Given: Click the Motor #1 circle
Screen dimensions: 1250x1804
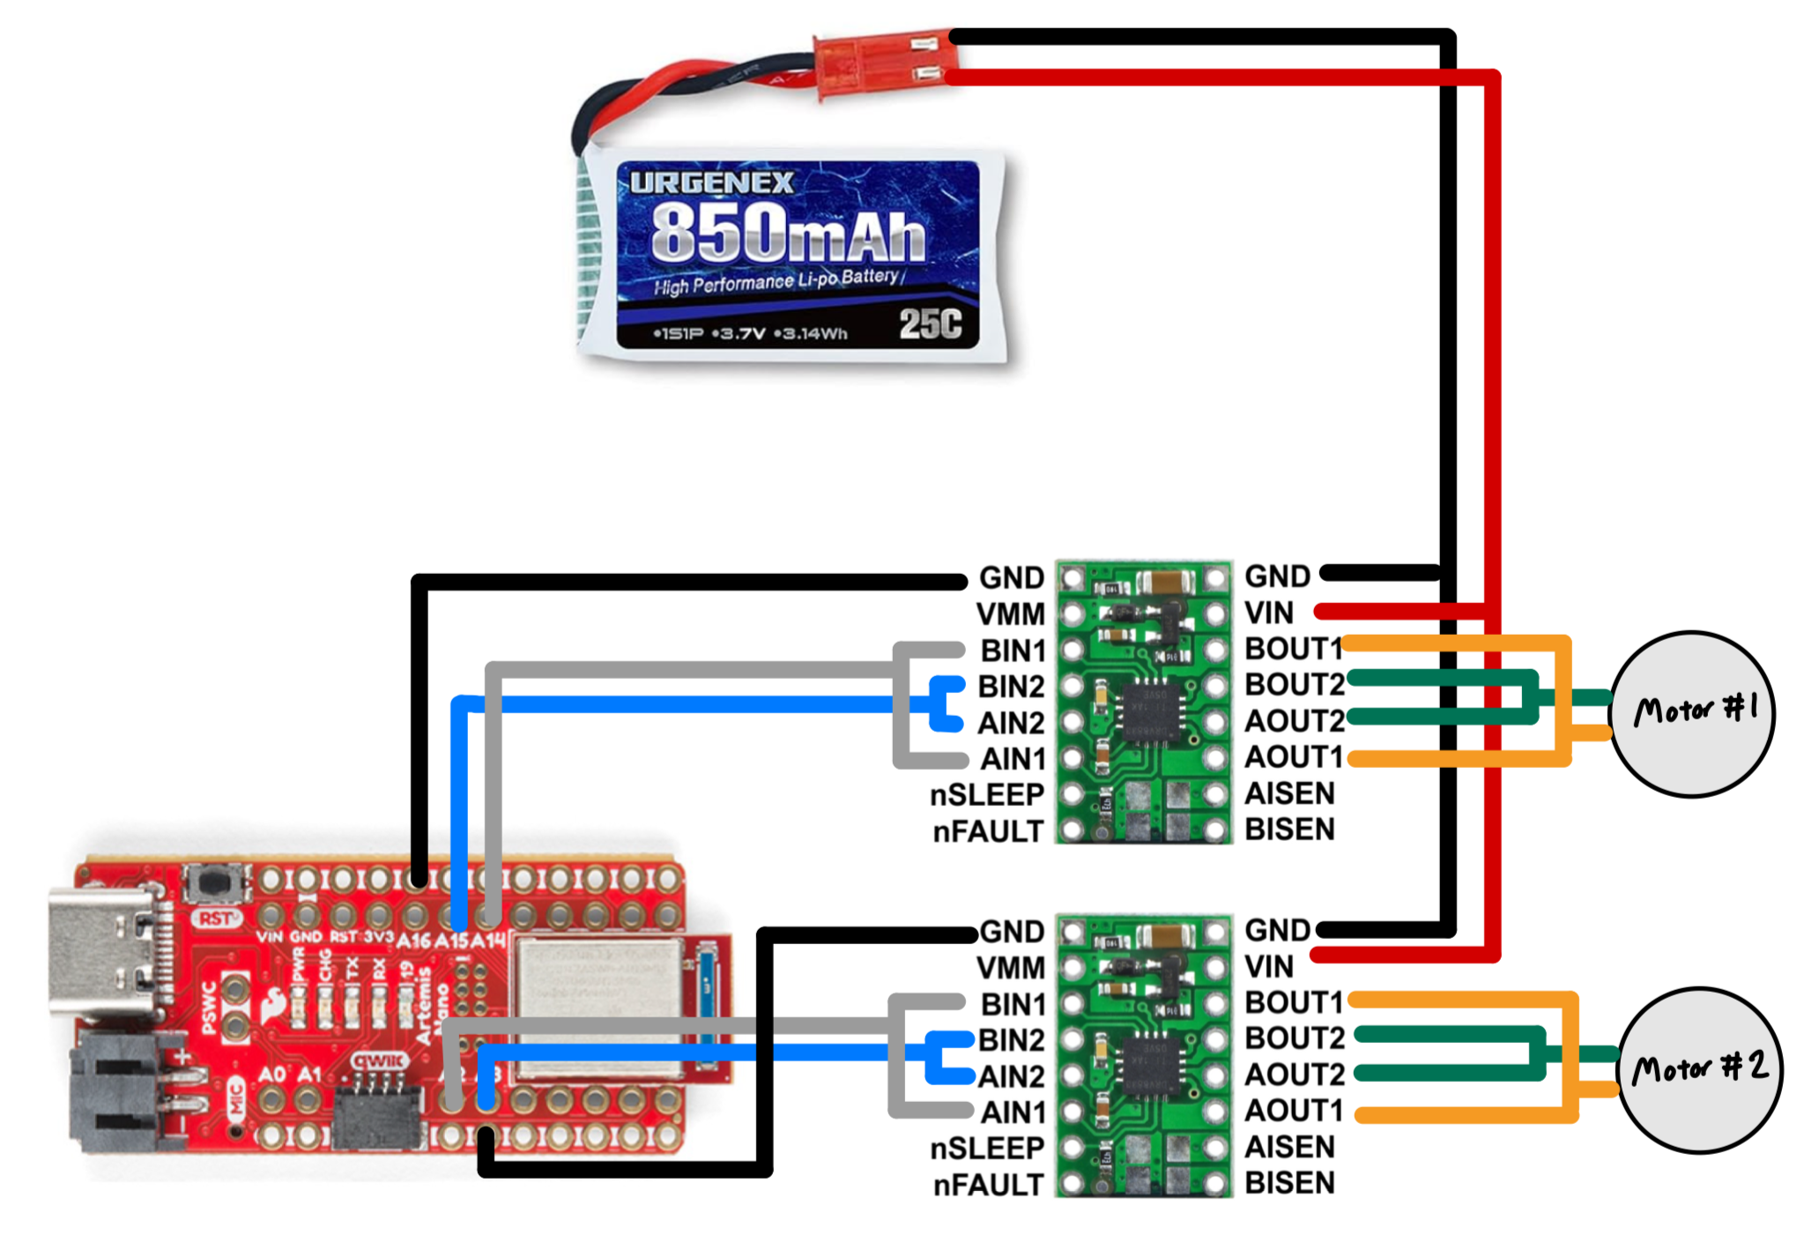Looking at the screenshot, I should click(1692, 713).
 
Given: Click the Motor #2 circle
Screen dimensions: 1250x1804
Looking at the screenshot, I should click(1700, 1069).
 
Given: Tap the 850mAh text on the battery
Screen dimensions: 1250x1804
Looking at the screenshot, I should click(788, 233).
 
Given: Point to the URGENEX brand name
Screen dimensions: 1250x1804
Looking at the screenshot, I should click(711, 182).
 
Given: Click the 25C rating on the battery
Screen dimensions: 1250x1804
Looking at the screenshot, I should click(930, 324).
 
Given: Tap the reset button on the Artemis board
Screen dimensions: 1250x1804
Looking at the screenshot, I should click(212, 882).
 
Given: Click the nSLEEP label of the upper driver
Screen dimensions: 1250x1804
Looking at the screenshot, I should click(987, 795).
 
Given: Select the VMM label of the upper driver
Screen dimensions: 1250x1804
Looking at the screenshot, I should click(1010, 614).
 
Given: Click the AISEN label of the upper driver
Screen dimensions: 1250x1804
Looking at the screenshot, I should click(1289, 793).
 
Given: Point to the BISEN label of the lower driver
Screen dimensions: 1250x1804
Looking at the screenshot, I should click(1289, 1183).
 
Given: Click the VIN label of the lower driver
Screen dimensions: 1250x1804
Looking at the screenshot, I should click(1269, 967).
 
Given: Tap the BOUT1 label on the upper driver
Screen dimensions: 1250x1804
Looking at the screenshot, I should click(1293, 649).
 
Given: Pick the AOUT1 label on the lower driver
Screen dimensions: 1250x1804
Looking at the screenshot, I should click(1294, 1111).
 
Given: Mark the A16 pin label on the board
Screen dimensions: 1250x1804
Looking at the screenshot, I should click(414, 941).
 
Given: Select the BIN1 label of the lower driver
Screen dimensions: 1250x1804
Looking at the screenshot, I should click(1013, 1004).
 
